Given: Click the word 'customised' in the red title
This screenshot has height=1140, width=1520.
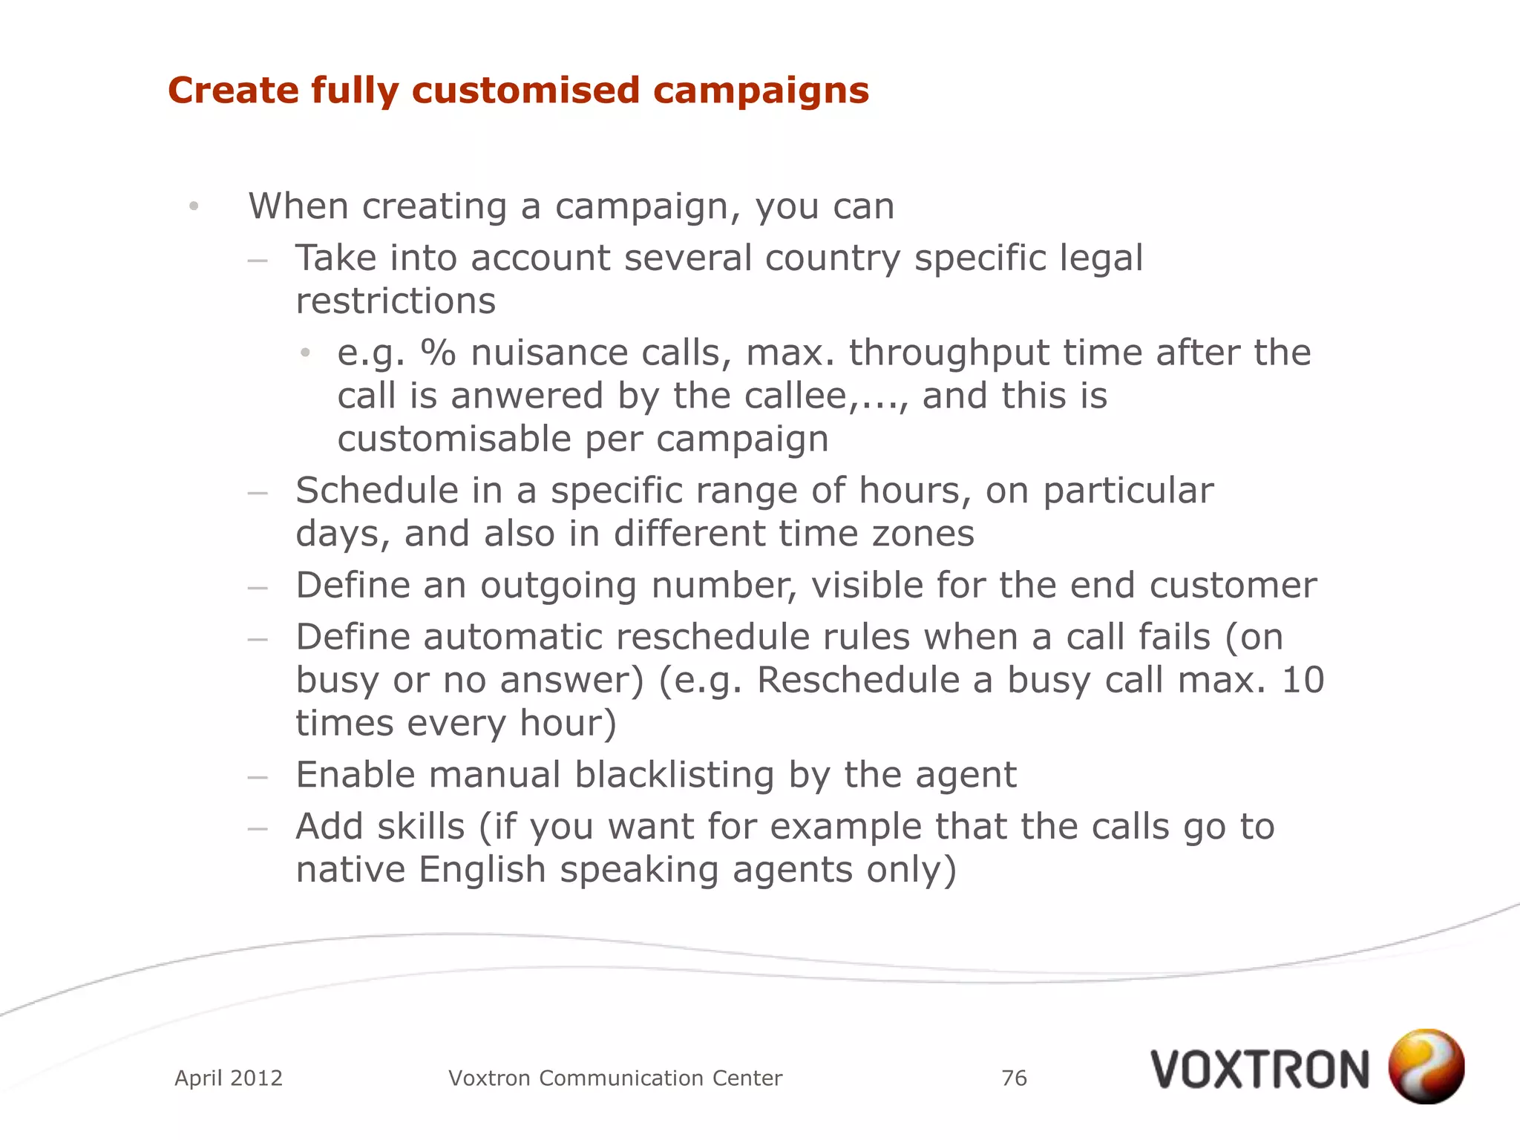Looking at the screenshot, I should pyautogui.click(x=525, y=91).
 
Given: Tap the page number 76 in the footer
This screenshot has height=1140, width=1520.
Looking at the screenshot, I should pyautogui.click(x=1014, y=1078).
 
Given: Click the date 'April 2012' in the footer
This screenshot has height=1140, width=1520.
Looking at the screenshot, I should pyautogui.click(x=229, y=1078).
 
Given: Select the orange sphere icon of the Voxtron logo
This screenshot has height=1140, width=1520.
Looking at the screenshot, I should pyautogui.click(x=1426, y=1066).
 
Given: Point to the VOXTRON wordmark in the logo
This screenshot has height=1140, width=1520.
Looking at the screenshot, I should pyautogui.click(x=1259, y=1069).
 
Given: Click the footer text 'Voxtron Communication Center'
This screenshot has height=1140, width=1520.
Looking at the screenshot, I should pyautogui.click(x=615, y=1078).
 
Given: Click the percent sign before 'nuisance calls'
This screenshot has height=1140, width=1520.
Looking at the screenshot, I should pyautogui.click(x=438, y=353).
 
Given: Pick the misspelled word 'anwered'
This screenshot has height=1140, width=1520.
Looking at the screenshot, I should pyautogui.click(x=527, y=396).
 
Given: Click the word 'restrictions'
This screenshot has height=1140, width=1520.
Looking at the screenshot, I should pyautogui.click(x=396, y=301).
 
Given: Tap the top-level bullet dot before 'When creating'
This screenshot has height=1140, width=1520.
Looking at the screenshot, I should pyautogui.click(x=194, y=206).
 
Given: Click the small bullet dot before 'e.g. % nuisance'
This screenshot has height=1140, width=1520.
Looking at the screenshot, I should pyautogui.click(x=305, y=353).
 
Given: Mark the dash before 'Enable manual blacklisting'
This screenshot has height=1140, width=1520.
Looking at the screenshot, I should pyautogui.click(x=258, y=777).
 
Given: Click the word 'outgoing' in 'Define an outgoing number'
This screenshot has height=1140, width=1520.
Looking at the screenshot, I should pyautogui.click(x=558, y=586).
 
